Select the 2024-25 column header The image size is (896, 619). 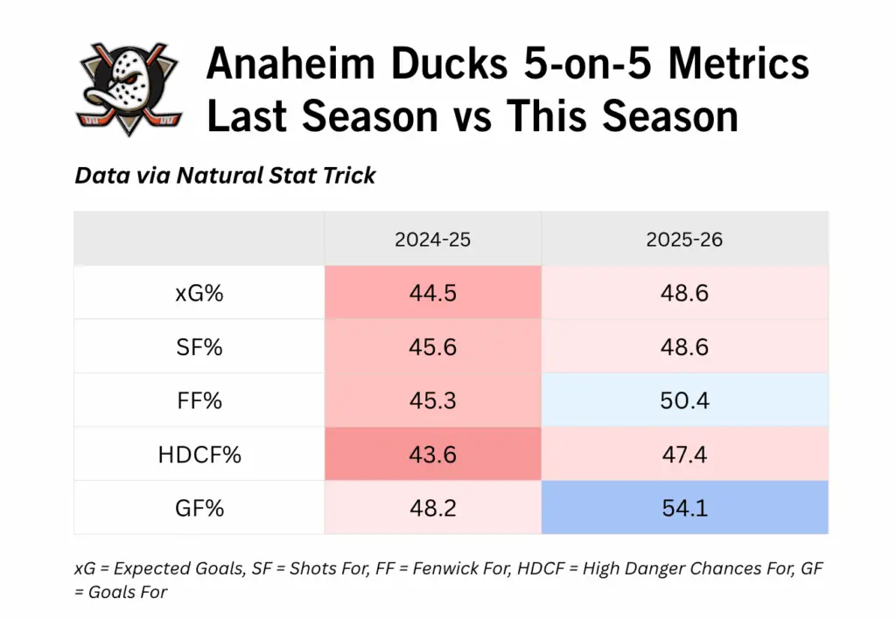point(432,239)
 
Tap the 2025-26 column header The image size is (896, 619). point(684,239)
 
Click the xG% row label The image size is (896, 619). point(199,293)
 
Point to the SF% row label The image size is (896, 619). point(199,347)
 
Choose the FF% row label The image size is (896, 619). point(199,400)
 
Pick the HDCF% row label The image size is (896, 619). point(199,455)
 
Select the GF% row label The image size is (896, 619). point(199,508)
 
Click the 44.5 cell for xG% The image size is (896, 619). point(432,293)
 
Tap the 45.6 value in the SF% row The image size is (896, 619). point(432,347)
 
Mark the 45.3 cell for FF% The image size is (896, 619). point(432,400)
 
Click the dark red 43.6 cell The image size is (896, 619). point(432,455)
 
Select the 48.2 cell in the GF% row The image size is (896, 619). point(432,508)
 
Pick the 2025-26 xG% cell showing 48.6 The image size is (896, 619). point(684,293)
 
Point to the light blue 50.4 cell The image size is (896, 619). point(684,400)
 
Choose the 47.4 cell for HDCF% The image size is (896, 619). point(684,455)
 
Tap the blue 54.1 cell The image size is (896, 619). point(684,508)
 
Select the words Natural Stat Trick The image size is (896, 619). point(276,176)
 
